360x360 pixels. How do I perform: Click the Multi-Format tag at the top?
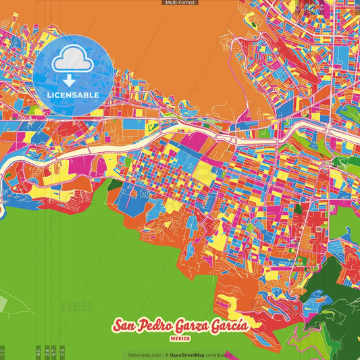[180, 3]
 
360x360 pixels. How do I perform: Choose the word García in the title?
[230, 325]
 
